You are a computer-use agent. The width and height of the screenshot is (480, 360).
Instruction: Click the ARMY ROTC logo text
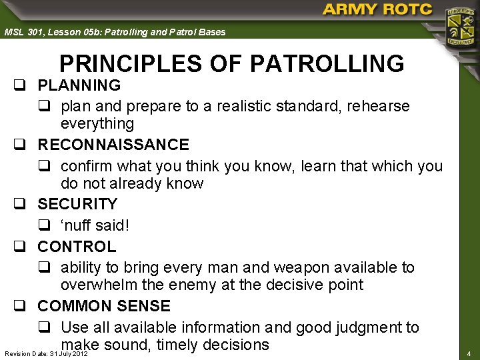(377, 10)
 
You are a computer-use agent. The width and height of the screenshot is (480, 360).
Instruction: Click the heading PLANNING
(79, 85)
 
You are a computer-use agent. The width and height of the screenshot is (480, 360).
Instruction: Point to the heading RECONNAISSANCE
(113, 145)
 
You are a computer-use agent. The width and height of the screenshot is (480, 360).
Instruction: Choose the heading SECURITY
(77, 204)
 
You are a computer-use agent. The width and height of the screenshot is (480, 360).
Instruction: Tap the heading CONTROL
(77, 247)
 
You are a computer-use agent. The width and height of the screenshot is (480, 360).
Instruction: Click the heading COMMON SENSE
(104, 306)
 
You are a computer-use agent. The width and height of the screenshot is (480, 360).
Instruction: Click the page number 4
(469, 353)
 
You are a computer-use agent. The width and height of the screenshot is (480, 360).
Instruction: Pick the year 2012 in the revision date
(79, 353)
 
